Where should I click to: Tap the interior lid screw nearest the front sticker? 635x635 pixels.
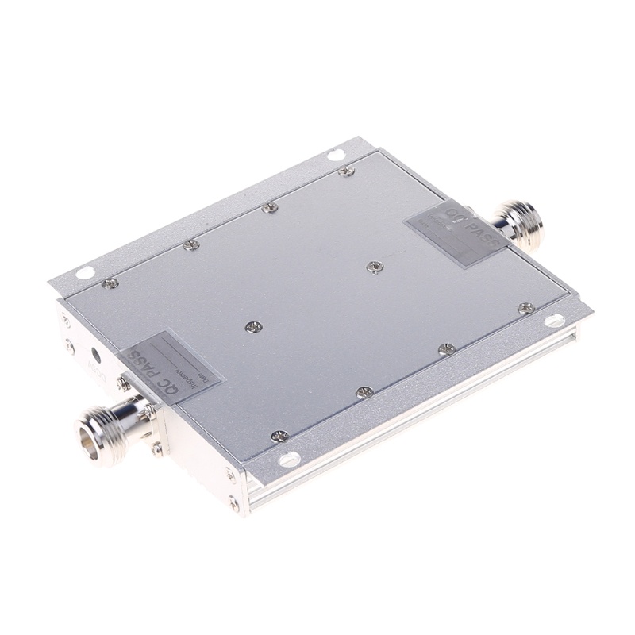(252, 326)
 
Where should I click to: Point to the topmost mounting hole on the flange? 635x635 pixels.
(337, 154)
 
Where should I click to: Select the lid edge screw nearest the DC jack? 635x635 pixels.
(112, 283)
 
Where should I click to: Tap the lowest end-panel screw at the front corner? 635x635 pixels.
(233, 502)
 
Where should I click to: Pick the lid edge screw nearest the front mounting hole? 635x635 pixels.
(279, 435)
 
